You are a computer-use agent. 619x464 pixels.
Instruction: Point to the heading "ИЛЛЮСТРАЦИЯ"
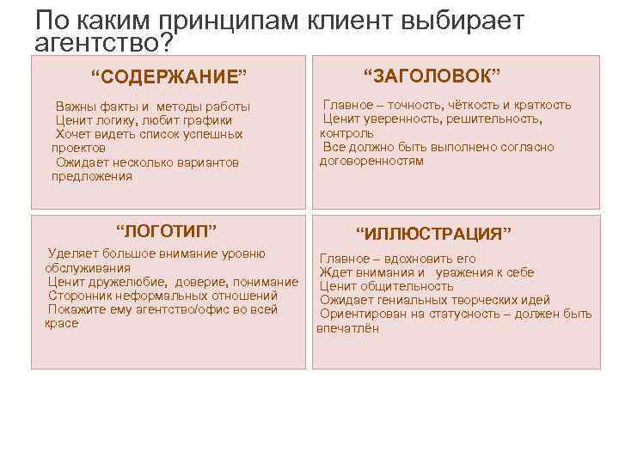click(434, 233)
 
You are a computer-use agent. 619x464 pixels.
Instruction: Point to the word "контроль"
click(346, 133)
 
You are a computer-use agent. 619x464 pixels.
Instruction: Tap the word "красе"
click(61, 323)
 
